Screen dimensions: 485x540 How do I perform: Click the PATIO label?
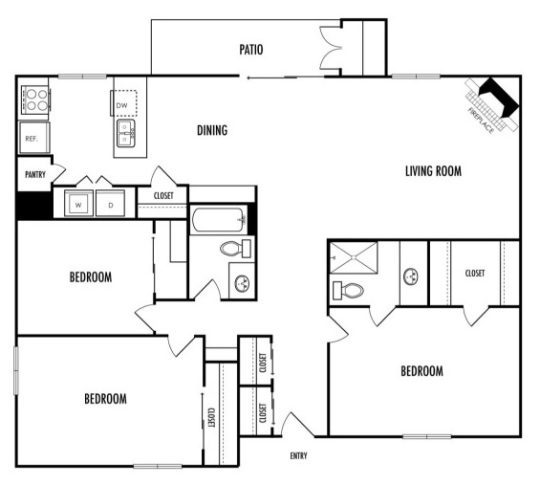(251, 49)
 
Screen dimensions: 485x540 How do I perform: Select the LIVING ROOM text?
(433, 171)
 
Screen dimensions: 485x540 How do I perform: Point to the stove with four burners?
(36, 99)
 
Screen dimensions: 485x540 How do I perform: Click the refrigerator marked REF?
(32, 138)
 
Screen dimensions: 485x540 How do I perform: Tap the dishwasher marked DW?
(123, 105)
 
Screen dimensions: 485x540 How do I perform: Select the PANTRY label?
(35, 174)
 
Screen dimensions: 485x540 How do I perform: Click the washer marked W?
(80, 204)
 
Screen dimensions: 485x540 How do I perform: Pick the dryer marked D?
(109, 204)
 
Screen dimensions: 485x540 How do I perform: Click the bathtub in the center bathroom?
(217, 219)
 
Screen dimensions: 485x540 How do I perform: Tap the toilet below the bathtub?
(232, 249)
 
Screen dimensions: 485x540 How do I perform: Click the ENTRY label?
(298, 456)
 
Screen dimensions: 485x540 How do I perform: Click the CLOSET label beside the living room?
(475, 273)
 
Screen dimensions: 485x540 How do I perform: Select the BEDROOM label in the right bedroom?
(421, 371)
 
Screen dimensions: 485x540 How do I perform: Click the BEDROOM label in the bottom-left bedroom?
(105, 398)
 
